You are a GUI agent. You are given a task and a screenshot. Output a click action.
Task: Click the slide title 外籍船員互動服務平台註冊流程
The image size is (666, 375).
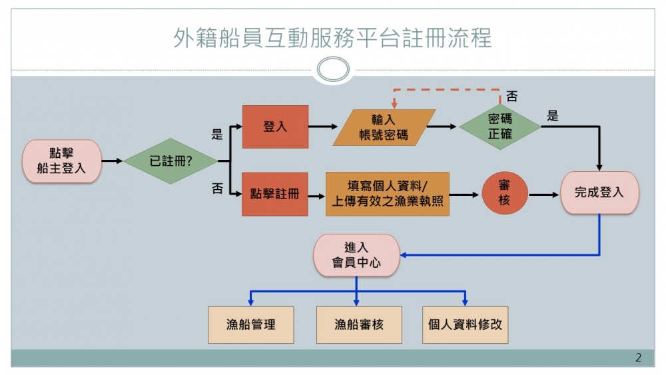click(332, 38)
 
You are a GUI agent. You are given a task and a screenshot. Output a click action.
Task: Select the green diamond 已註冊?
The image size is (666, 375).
click(170, 161)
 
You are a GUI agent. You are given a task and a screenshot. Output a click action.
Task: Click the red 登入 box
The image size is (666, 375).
click(275, 127)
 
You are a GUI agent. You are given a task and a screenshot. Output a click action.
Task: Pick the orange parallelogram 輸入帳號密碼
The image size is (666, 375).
click(384, 127)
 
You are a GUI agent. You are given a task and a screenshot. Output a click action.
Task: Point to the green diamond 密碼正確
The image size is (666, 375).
click(500, 127)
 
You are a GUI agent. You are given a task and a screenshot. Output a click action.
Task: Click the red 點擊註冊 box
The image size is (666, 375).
click(274, 194)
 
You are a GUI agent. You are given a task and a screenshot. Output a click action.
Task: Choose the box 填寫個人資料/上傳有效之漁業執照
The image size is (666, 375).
click(387, 194)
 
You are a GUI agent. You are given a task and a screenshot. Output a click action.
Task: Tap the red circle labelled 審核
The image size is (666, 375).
click(504, 194)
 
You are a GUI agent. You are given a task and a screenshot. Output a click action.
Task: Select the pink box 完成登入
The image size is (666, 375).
click(599, 192)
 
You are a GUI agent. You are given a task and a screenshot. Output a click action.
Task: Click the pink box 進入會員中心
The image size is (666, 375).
click(356, 254)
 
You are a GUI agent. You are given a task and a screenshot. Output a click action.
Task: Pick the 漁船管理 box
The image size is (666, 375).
click(250, 324)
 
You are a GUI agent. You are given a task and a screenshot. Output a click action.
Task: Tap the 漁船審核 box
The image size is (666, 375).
click(359, 324)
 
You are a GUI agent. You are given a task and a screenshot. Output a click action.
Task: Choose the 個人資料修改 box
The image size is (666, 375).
click(465, 324)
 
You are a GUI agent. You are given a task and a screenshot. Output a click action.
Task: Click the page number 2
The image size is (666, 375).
click(638, 358)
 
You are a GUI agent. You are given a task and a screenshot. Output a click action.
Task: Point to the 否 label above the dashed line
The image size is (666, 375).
click(511, 97)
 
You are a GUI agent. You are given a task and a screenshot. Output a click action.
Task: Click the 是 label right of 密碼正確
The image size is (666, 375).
click(552, 116)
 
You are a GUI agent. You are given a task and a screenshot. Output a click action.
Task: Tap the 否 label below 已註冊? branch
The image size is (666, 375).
click(217, 188)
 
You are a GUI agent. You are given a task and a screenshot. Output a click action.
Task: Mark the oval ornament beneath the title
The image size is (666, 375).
click(332, 69)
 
